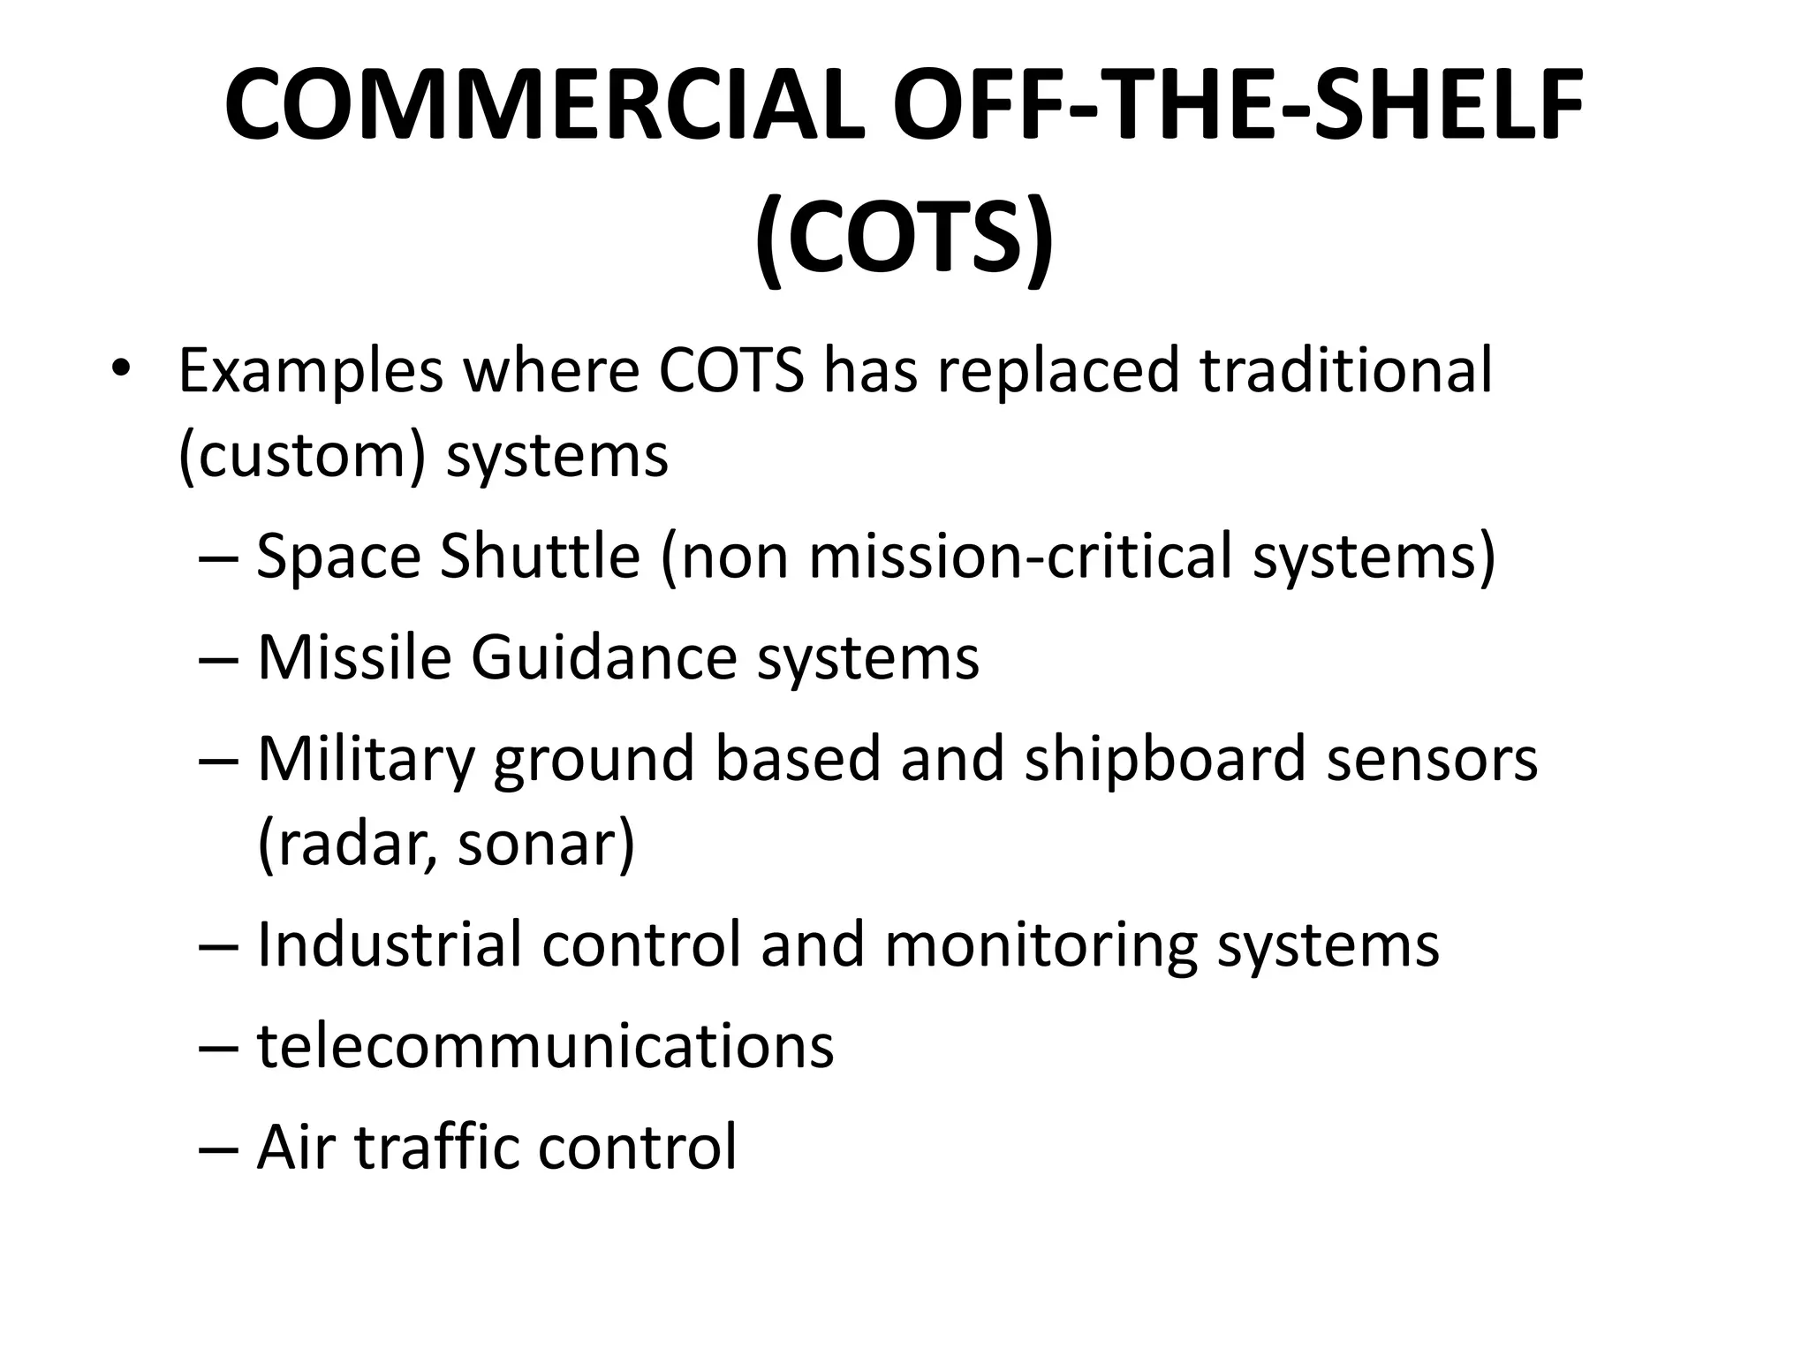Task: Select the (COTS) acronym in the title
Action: point(904,239)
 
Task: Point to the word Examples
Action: point(310,371)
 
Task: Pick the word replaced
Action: point(1057,371)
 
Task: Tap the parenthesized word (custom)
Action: point(301,456)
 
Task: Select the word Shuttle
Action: point(540,557)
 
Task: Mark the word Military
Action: point(365,760)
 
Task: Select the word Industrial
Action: point(390,944)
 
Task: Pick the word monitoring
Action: point(1041,946)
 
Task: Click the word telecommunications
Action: point(545,1046)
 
